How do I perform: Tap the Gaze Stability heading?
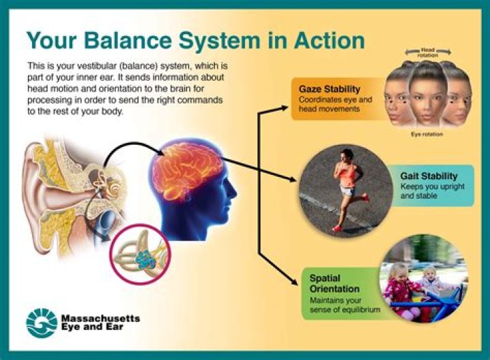329,88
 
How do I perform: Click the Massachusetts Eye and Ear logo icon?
42,323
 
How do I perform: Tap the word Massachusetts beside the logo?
101,318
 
